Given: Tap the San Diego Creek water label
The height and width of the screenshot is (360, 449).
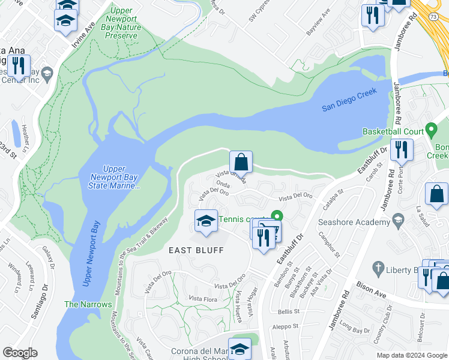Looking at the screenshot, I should pyautogui.click(x=349, y=100).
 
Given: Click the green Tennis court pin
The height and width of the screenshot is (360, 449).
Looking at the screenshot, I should pyautogui.click(x=277, y=215).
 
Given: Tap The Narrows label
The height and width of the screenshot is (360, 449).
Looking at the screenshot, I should pyautogui.click(x=88, y=304).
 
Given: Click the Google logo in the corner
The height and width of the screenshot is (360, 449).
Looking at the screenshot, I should pyautogui.click(x=20, y=353).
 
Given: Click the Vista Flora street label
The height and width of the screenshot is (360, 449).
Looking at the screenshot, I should pyautogui.click(x=203, y=298).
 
